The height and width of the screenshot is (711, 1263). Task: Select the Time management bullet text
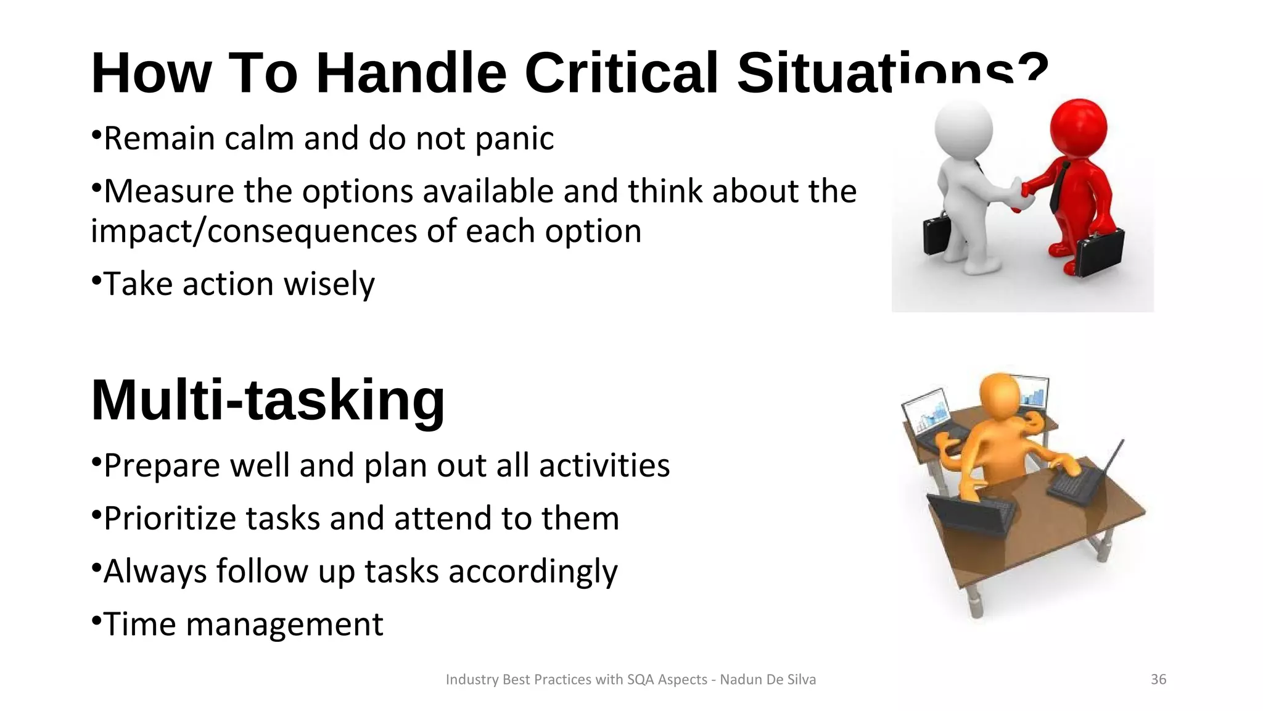243,624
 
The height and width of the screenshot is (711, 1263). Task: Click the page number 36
1158,680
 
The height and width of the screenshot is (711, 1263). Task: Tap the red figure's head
1078,128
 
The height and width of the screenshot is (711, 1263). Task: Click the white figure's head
963,130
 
